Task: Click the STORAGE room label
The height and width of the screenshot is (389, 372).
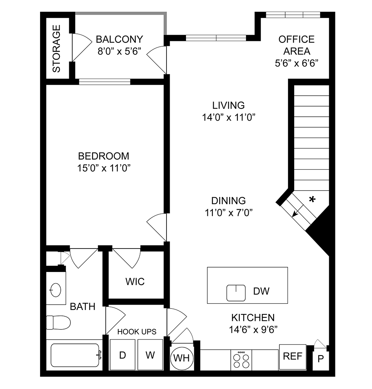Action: click(x=57, y=49)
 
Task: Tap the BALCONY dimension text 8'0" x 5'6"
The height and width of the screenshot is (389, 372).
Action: click(x=119, y=51)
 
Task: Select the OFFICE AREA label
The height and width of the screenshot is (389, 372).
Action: click(x=297, y=45)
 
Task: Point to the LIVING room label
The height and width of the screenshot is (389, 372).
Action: click(x=228, y=105)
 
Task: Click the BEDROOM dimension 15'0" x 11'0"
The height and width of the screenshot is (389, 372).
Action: click(x=104, y=168)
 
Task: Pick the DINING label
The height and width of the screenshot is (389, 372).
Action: click(x=228, y=201)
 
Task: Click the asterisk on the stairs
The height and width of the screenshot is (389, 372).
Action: click(x=312, y=200)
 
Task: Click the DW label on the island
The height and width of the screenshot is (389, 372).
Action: click(x=261, y=291)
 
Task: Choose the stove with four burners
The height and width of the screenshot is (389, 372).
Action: click(x=241, y=360)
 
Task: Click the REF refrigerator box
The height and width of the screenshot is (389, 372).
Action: click(x=292, y=357)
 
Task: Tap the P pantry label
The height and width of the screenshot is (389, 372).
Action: click(x=321, y=359)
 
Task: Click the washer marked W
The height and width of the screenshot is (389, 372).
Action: click(x=150, y=355)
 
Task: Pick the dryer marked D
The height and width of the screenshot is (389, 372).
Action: click(x=123, y=355)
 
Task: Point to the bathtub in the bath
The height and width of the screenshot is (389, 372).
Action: click(x=74, y=355)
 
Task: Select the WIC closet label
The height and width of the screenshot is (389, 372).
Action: click(x=135, y=281)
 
